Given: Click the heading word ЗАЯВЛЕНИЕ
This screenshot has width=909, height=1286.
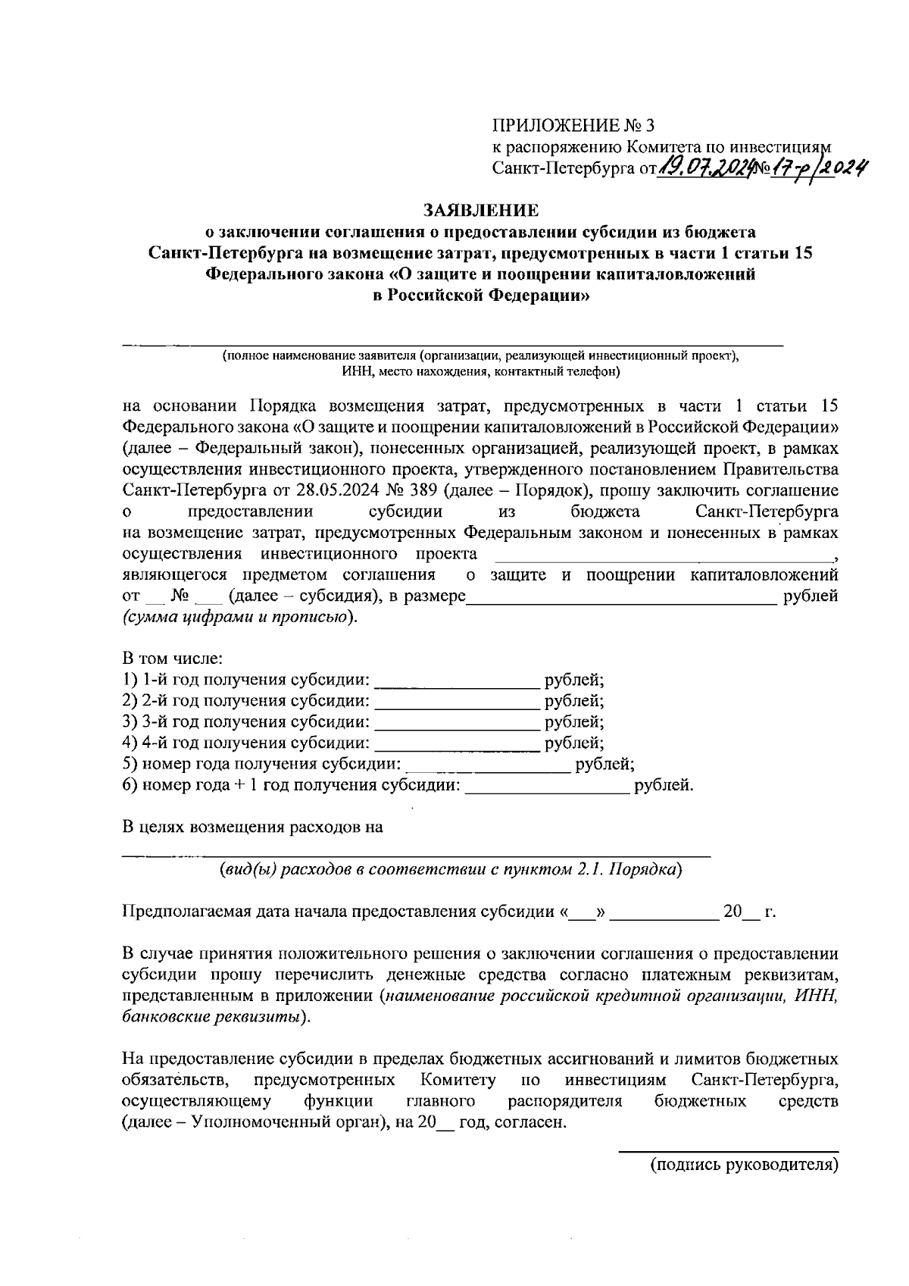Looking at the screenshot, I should (x=481, y=209).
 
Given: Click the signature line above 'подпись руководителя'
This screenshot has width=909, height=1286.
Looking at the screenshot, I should (x=729, y=1151).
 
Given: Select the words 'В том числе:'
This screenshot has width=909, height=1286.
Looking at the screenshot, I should (x=173, y=659).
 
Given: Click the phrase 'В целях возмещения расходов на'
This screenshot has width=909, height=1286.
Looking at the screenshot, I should (x=252, y=827).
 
